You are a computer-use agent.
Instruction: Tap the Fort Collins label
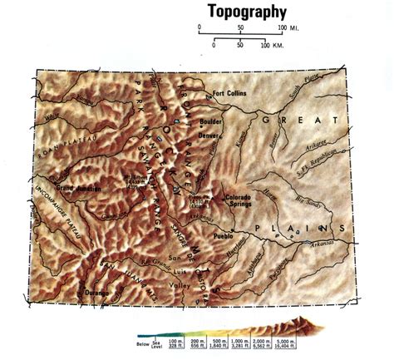coord(231,93)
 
